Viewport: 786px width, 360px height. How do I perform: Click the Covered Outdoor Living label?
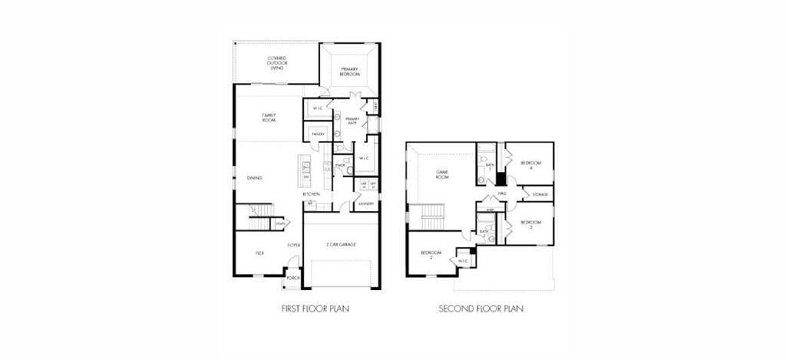pyautogui.click(x=277, y=63)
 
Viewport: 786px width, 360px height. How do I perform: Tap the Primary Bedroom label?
pyautogui.click(x=350, y=71)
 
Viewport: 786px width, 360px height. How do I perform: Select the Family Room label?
pyautogui.click(x=269, y=117)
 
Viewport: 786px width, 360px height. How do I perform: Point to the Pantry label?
pyautogui.click(x=318, y=134)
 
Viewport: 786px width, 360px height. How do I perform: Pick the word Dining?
pyautogui.click(x=254, y=178)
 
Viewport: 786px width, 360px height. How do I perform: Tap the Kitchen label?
pyautogui.click(x=311, y=194)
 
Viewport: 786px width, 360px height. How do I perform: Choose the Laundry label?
pyautogui.click(x=365, y=203)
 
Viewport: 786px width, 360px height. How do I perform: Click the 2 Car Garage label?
pyautogui.click(x=342, y=245)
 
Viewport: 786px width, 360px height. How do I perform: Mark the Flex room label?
pyautogui.click(x=259, y=252)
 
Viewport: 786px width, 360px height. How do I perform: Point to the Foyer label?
pyautogui.click(x=293, y=245)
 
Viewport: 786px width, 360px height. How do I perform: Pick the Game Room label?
pyautogui.click(x=442, y=175)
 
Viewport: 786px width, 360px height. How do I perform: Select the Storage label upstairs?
pyautogui.click(x=539, y=194)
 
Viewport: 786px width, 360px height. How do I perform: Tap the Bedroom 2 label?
pyautogui.click(x=431, y=255)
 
